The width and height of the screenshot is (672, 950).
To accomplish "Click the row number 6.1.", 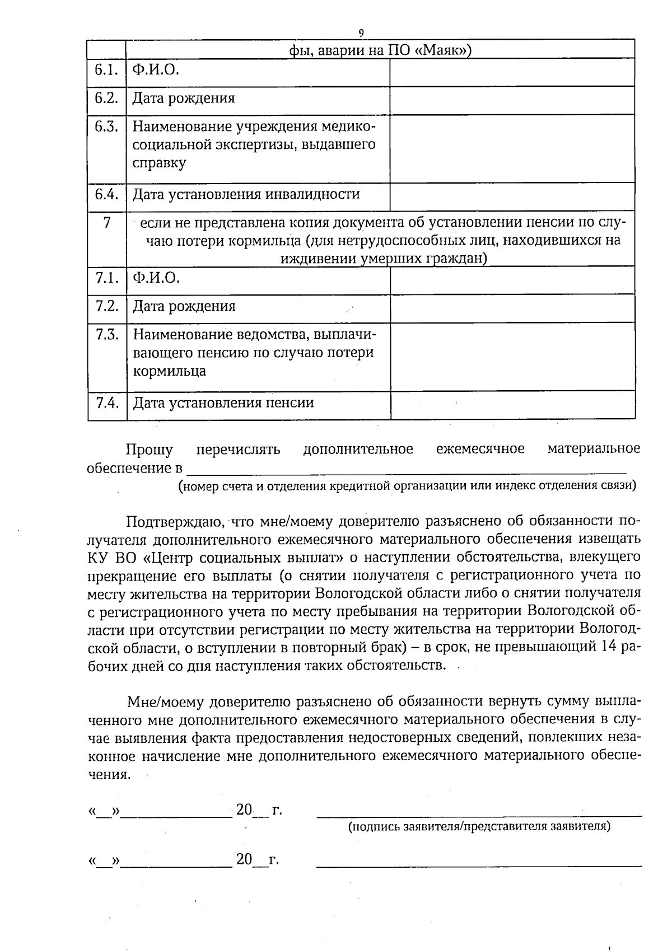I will point(106,70).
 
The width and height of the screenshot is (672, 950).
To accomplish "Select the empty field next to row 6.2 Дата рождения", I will point(512,100).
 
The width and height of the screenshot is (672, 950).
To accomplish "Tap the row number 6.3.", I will point(106,127).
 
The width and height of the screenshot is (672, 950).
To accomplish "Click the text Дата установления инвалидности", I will point(246,195).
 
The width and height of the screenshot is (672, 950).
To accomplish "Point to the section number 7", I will point(106,223).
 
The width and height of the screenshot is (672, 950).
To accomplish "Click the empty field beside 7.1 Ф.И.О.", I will point(512,280).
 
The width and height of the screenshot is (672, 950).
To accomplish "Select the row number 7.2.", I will point(106,306).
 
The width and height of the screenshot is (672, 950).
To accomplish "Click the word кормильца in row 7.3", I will point(169,371).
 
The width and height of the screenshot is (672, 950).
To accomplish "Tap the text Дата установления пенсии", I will point(223,403).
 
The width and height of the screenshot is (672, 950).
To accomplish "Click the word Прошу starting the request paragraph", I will point(149,450).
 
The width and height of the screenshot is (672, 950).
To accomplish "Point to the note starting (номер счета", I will point(407,485).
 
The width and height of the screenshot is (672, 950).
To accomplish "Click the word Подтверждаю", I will point(175,522).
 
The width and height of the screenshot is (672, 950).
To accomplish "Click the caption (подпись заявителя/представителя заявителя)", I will point(479,826).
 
